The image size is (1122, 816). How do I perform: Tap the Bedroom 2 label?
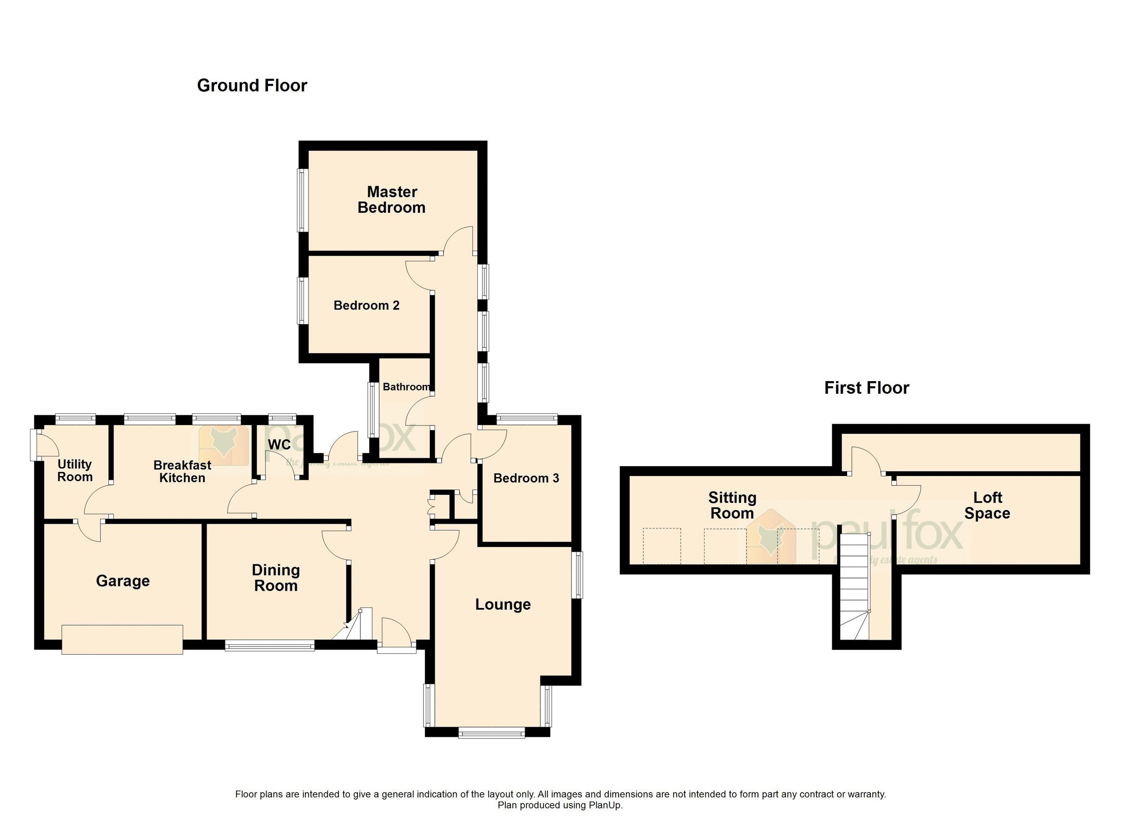click(x=366, y=305)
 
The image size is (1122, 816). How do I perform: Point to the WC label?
click(x=279, y=444)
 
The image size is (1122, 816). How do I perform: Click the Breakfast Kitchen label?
click(x=182, y=471)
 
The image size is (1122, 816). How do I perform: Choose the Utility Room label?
click(x=75, y=470)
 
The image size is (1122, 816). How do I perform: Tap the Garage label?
click(x=122, y=580)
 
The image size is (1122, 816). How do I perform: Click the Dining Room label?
click(x=275, y=578)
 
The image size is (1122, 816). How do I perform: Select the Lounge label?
click(x=503, y=604)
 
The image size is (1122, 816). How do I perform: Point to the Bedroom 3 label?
click(x=526, y=478)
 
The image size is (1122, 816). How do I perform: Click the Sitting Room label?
click(x=732, y=505)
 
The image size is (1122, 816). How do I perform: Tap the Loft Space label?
click(x=987, y=505)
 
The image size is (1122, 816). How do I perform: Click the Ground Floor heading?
click(x=252, y=86)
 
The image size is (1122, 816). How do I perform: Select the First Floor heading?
click(x=866, y=388)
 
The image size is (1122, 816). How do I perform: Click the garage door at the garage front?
click(x=122, y=639)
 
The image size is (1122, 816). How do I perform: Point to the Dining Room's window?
click(x=270, y=645)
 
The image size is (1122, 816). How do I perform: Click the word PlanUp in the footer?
click(x=604, y=805)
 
